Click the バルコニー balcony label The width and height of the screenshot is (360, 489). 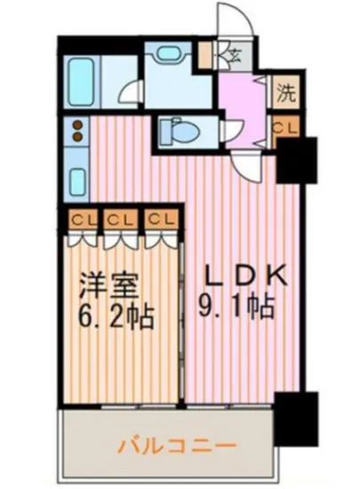177,442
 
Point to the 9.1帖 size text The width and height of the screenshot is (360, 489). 235,310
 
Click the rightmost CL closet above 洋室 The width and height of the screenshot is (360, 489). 159,219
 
